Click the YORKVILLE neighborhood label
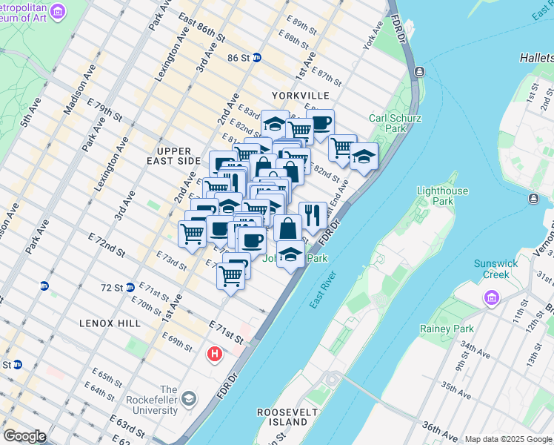(300, 96)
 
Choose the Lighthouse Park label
(442, 196)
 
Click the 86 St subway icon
(256, 57)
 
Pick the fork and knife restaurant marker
(313, 215)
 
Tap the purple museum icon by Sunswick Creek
(490, 298)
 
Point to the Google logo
(24, 435)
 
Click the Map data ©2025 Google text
(507, 439)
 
